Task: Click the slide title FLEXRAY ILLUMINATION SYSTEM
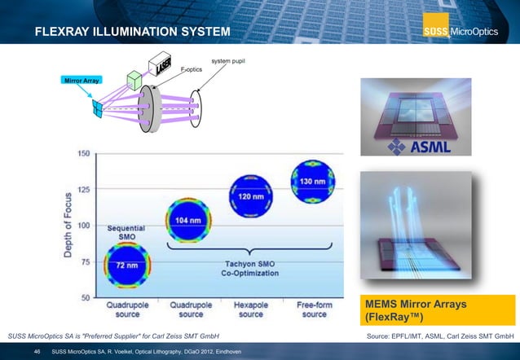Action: [133, 32]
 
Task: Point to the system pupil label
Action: [228, 61]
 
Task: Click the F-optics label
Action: [191, 70]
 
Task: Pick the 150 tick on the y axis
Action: [84, 154]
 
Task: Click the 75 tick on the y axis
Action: [84, 261]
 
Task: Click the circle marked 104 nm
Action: [189, 221]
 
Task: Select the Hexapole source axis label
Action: [251, 310]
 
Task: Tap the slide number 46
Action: [37, 351]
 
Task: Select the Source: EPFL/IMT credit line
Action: [440, 335]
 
